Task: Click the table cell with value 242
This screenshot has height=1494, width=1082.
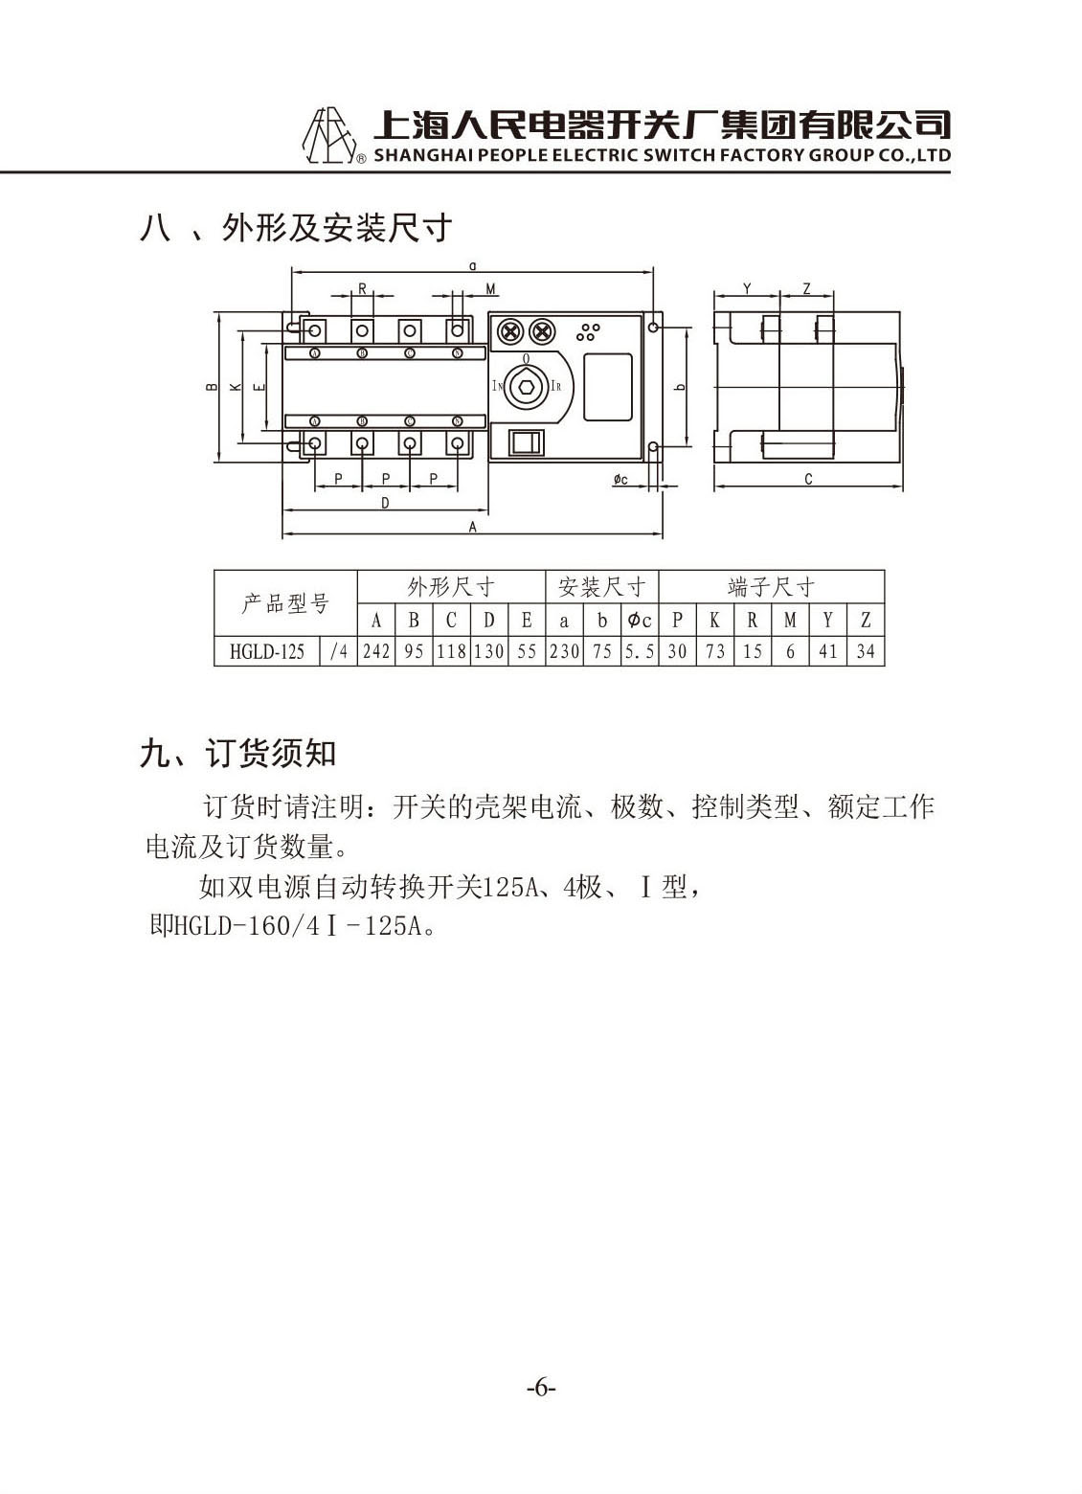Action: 376,651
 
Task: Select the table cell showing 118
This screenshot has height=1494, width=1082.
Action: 451,651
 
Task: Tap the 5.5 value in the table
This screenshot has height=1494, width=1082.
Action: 640,651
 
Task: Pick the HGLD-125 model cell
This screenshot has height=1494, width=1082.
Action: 266,651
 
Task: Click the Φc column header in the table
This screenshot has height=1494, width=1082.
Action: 640,621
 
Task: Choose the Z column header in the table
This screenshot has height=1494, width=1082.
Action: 866,621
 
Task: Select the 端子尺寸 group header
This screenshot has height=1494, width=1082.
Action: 772,587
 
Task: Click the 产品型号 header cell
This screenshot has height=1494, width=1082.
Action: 285,603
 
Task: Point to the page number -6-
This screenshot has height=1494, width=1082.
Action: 541,1389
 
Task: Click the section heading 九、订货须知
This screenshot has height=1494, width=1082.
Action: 237,754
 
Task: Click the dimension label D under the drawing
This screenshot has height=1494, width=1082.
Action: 385,503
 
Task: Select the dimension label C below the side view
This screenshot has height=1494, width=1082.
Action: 808,479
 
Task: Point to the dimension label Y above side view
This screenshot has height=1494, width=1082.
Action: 747,289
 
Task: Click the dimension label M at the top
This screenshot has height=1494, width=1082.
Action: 490,289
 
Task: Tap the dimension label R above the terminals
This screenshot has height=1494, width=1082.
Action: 362,289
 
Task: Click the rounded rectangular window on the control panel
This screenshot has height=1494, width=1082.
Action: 607,387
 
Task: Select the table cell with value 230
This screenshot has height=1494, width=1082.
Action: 564,651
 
